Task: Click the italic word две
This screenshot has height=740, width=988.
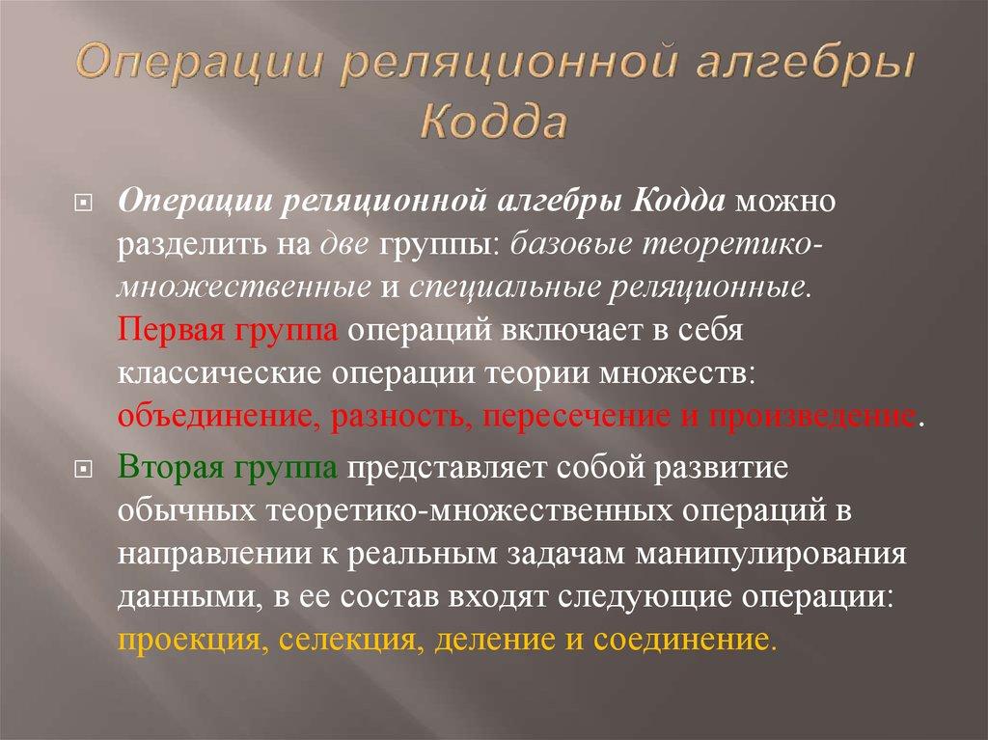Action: (x=346, y=247)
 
